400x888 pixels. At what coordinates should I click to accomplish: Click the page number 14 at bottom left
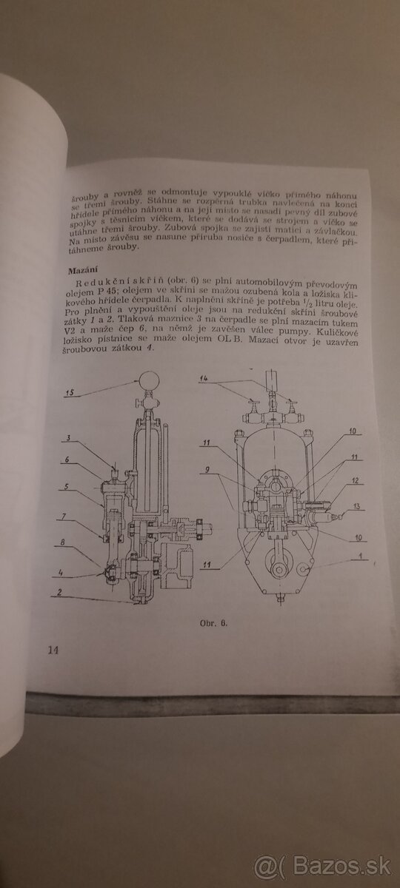[53, 650]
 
